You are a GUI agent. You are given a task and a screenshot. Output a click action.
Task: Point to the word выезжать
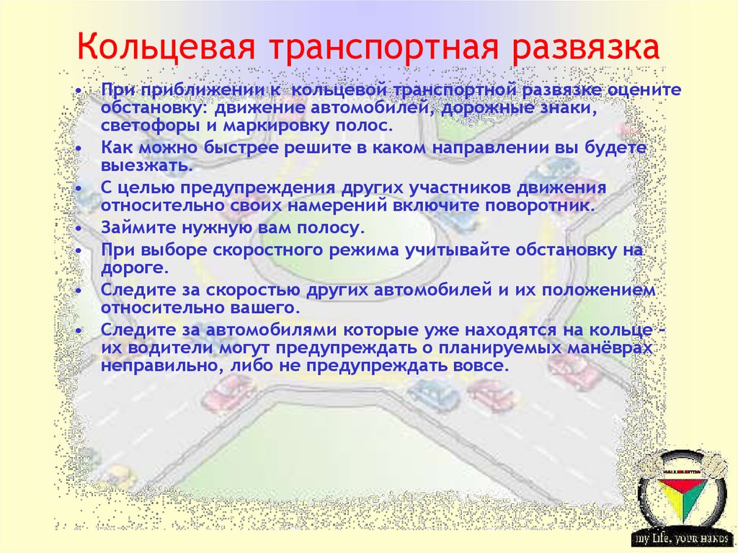tap(146, 165)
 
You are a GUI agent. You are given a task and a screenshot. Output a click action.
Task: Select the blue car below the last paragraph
tap(432, 394)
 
